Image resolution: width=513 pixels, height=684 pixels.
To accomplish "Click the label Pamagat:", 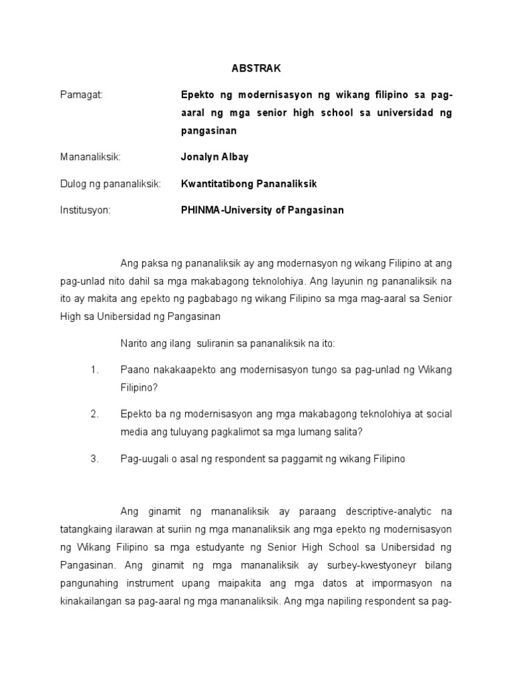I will tap(80, 95).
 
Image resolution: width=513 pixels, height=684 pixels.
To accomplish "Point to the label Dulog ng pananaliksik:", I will tap(110, 183).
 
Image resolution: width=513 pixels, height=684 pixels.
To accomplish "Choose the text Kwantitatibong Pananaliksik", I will tap(248, 183).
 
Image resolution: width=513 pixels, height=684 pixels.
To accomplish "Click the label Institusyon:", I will tap(85, 210).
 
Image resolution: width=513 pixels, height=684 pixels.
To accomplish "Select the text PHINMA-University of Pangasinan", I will tap(263, 210).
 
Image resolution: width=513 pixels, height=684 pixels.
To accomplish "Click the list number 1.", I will tap(95, 369).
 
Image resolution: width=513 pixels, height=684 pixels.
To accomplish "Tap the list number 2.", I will tap(95, 414).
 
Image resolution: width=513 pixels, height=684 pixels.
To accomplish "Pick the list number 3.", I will tap(95, 459).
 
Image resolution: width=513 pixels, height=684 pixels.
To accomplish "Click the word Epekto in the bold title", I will tap(197, 95).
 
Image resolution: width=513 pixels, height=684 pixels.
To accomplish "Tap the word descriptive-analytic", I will tap(385, 512).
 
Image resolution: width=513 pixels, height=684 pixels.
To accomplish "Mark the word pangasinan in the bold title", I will tap(209, 130).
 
